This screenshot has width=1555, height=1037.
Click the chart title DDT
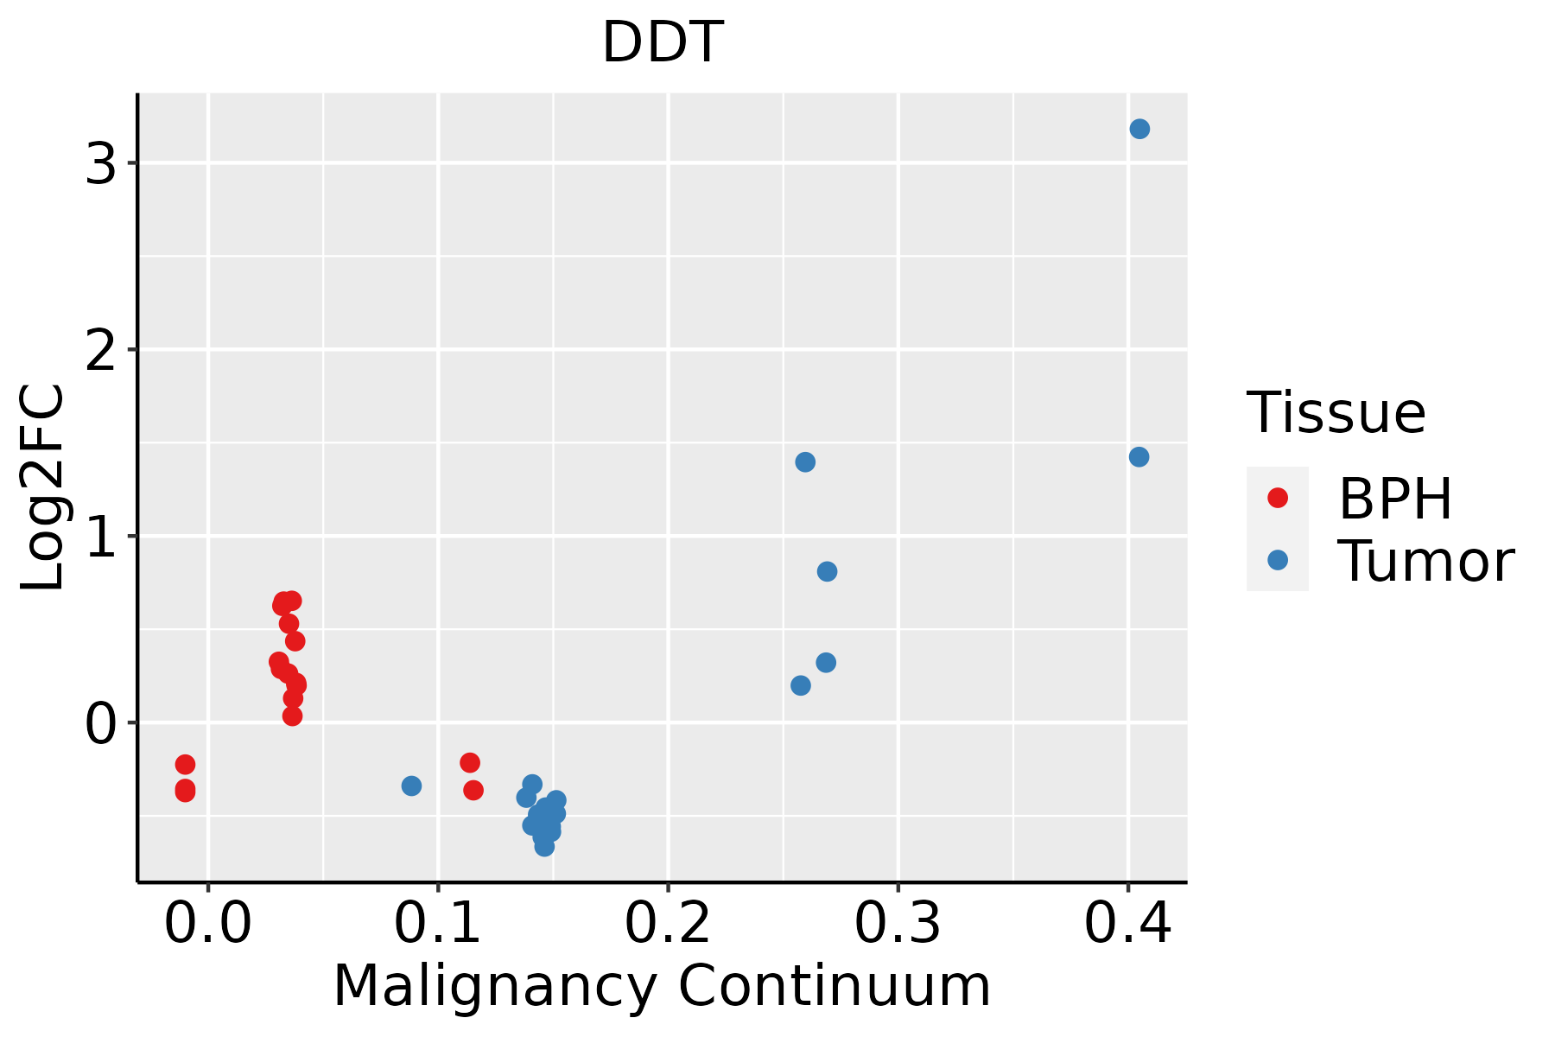tap(662, 42)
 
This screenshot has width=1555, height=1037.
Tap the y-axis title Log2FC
tap(43, 488)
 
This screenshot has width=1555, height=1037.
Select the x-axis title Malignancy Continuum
tap(662, 986)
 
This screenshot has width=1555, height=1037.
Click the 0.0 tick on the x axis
tap(208, 924)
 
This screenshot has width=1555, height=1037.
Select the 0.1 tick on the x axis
tap(438, 924)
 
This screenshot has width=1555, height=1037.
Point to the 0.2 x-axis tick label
tap(668, 924)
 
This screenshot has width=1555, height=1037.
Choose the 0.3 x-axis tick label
tap(898, 924)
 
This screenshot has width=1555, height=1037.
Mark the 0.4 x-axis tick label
tap(1127, 924)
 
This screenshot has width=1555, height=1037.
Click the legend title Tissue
tap(1336, 413)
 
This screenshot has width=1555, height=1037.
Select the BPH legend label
tap(1395, 499)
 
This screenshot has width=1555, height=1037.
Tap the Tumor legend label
tap(1426, 562)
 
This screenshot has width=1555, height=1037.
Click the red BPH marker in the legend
tap(1277, 498)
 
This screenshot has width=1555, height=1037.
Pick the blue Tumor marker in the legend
tap(1277, 561)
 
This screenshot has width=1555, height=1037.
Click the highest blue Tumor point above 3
tap(1139, 130)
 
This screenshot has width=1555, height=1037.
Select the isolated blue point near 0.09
tap(411, 786)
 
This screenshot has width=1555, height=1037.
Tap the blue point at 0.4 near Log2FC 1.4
tap(1139, 457)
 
